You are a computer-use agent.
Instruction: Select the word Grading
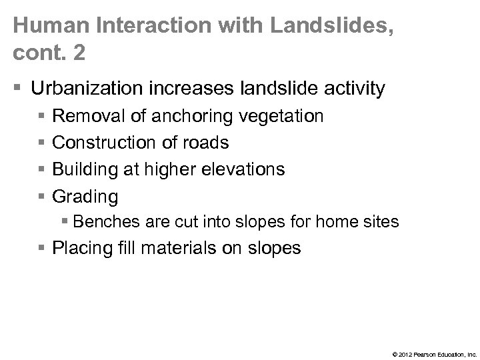tap(85, 197)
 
